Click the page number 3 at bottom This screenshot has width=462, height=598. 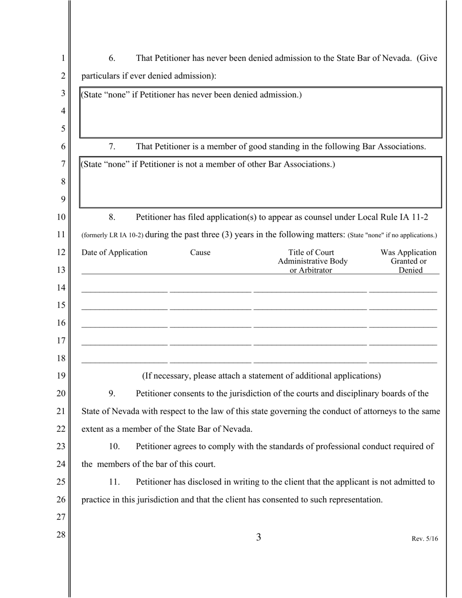coord(259,537)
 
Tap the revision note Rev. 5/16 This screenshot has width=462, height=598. coord(425,539)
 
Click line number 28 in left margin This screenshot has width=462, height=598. coord(61,535)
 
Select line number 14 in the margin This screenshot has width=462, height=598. coord(61,287)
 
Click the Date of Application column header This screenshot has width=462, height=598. coord(114,252)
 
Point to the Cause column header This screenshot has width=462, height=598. coord(200,252)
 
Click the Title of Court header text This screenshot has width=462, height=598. coord(311,252)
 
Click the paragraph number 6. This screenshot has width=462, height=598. coord(112,58)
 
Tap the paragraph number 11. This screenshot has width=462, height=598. coord(114,482)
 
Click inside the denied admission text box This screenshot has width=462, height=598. coord(261,117)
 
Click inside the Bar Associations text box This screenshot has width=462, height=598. coord(261,187)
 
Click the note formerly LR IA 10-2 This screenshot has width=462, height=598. coord(112,235)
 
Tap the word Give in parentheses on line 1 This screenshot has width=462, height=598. coord(428,58)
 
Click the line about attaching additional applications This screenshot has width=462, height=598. coord(261,376)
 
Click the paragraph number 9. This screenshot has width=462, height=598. coord(112,393)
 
